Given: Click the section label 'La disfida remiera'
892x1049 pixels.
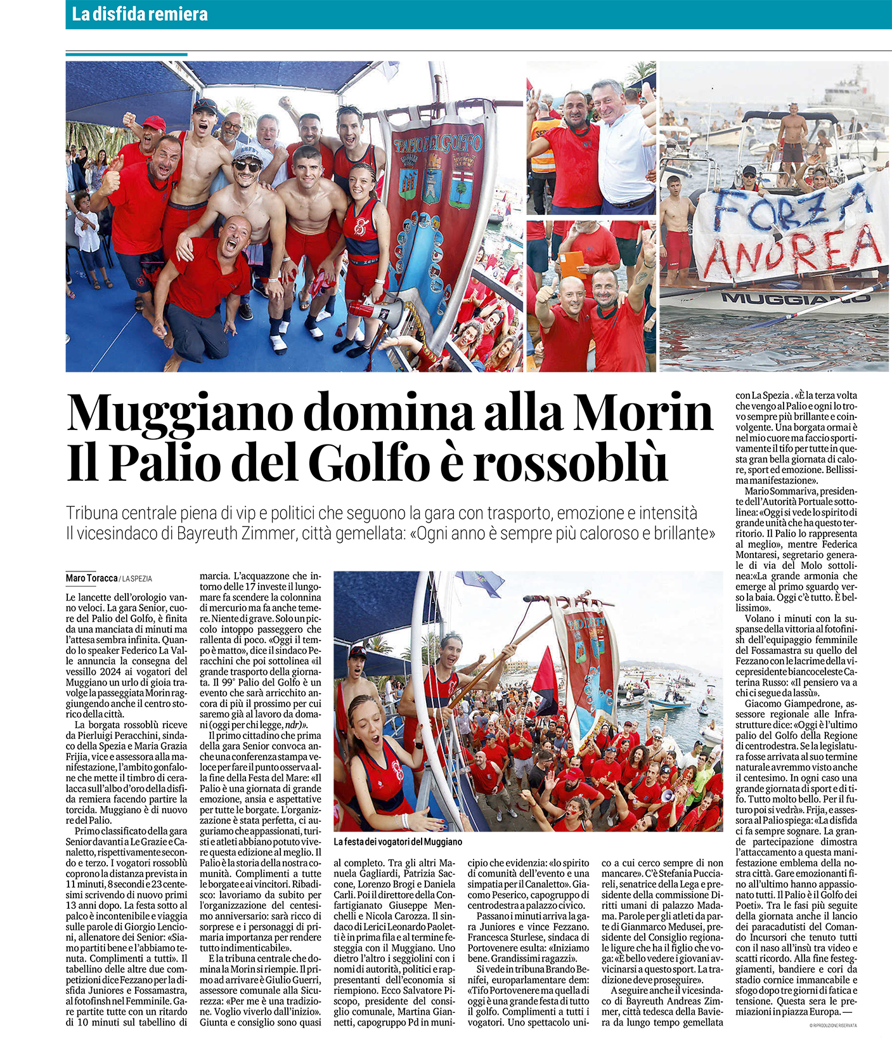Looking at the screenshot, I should [139, 14].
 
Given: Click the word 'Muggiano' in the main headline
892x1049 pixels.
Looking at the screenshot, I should [178, 414].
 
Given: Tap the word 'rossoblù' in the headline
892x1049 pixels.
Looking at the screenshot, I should [570, 464].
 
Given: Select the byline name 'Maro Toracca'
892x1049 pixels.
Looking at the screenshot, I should [92, 578].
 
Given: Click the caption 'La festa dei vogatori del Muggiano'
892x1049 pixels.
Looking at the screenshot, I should [398, 842].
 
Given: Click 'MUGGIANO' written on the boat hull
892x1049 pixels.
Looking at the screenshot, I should [795, 297].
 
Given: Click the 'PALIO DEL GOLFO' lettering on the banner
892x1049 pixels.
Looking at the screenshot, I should [438, 143].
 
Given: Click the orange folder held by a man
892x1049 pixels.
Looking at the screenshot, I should [572, 264].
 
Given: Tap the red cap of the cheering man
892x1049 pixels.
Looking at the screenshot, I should [153, 122].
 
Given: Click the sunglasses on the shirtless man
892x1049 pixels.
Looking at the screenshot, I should [247, 166].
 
